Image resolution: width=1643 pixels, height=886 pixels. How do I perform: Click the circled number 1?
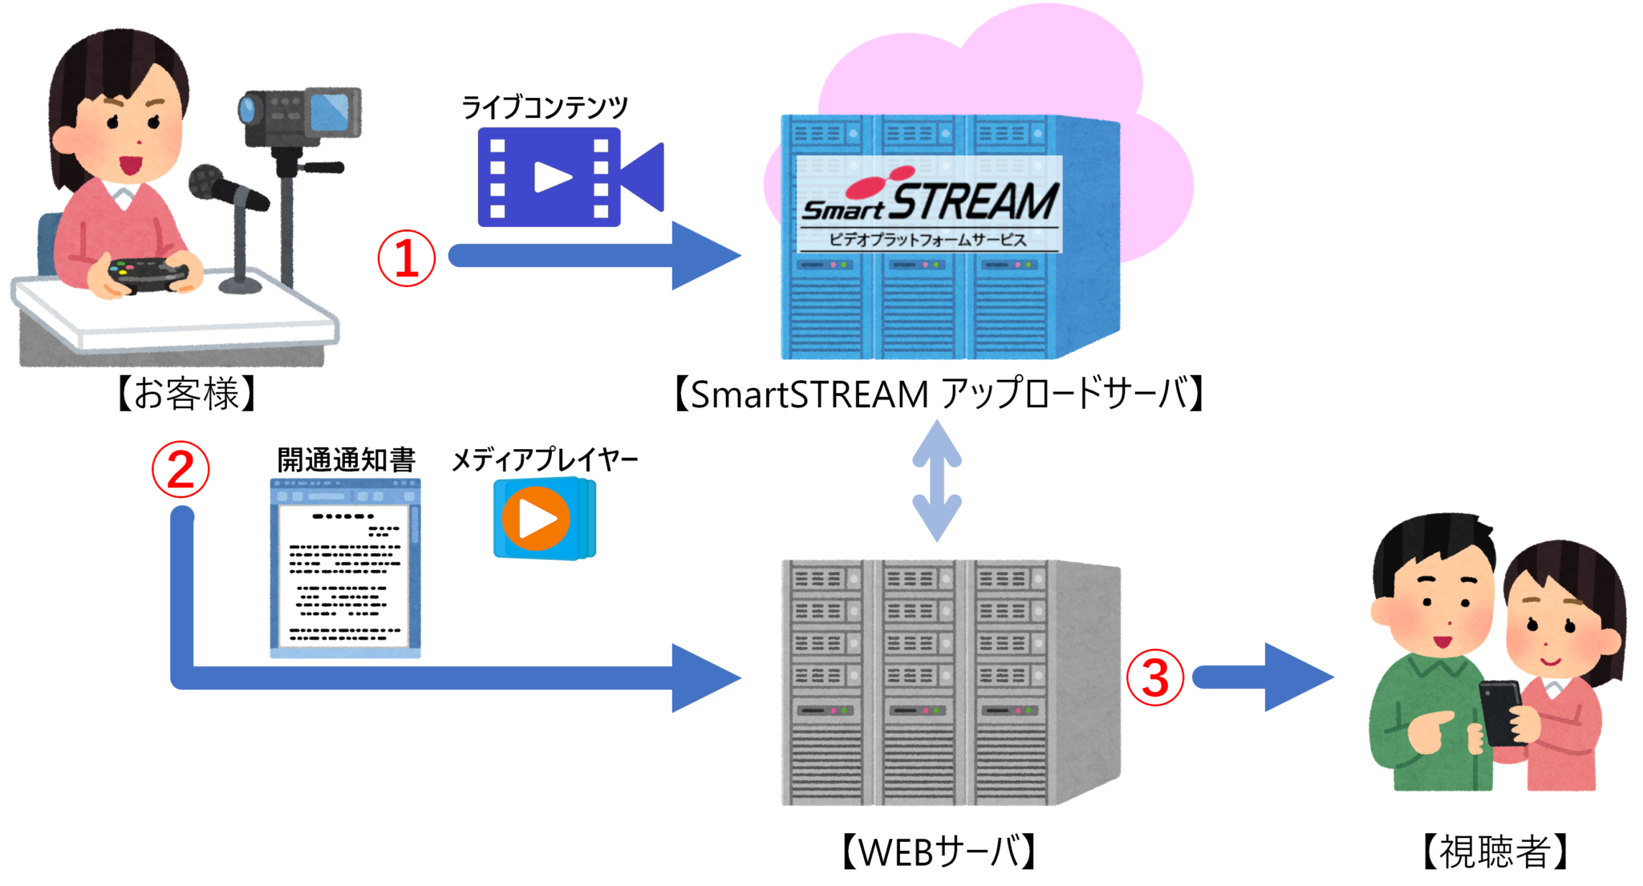(407, 258)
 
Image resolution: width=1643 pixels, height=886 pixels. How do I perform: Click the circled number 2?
(181, 469)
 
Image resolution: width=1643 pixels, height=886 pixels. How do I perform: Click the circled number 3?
(1155, 678)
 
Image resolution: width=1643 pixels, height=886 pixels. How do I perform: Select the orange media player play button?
(536, 519)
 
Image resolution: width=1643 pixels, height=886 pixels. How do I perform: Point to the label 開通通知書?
(346, 459)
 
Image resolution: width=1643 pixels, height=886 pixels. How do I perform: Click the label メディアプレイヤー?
(544, 459)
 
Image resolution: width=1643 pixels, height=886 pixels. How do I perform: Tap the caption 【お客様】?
(186, 394)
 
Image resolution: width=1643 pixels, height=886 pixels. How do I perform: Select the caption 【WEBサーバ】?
(938, 852)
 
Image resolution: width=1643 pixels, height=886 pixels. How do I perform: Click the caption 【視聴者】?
(1494, 852)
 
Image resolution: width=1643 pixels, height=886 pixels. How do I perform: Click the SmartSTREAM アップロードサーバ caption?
(938, 394)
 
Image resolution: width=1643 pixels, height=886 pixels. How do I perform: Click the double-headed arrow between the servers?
(937, 481)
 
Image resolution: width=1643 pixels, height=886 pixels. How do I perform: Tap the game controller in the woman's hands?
(148, 274)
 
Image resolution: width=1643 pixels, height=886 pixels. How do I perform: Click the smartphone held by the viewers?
(1499, 710)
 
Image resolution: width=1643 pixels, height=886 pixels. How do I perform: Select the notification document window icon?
(346, 568)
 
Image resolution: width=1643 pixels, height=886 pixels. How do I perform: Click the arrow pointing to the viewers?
(1264, 678)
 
